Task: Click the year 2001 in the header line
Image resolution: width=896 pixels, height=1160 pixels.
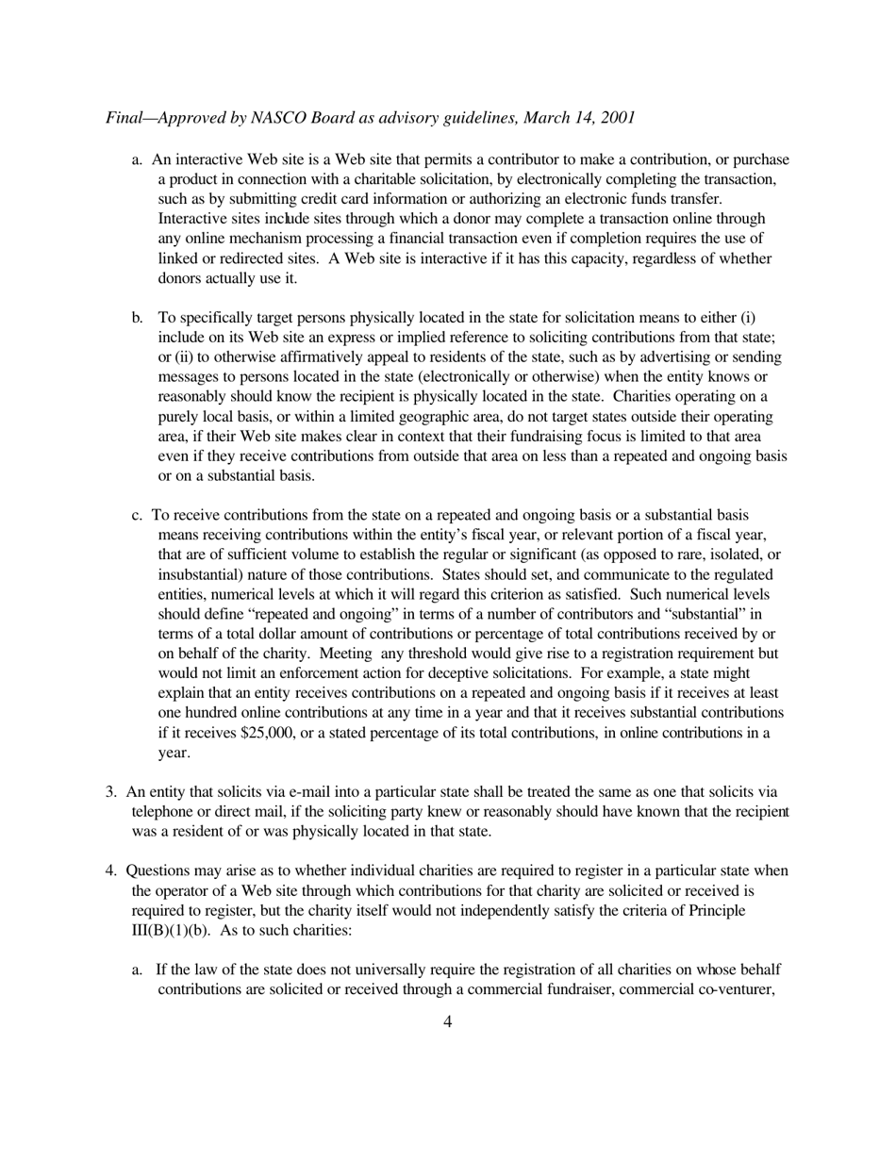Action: [x=618, y=118]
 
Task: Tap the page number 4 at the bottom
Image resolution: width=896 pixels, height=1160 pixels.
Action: [x=447, y=1021]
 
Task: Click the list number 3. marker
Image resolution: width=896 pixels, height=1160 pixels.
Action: [x=110, y=792]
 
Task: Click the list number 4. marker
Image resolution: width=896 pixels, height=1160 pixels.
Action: [x=110, y=870]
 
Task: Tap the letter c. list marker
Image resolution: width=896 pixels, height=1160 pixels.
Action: [x=137, y=515]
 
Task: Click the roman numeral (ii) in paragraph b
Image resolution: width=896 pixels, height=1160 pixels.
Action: [x=181, y=357]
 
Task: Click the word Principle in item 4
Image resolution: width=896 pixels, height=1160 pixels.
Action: [x=717, y=910]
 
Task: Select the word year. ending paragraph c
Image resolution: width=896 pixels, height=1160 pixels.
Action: [x=174, y=753]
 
